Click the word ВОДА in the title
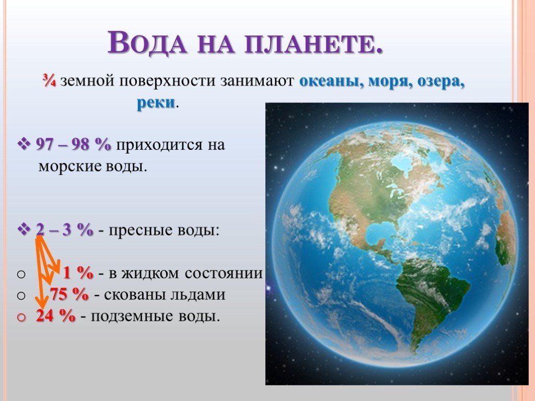click(x=147, y=43)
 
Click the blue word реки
click(x=156, y=103)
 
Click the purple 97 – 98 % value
click(x=74, y=145)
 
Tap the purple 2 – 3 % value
click(x=64, y=230)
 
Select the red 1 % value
click(x=78, y=273)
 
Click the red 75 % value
click(x=69, y=294)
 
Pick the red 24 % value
click(x=55, y=316)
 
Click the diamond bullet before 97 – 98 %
click(x=24, y=145)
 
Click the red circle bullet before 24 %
click(x=21, y=317)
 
